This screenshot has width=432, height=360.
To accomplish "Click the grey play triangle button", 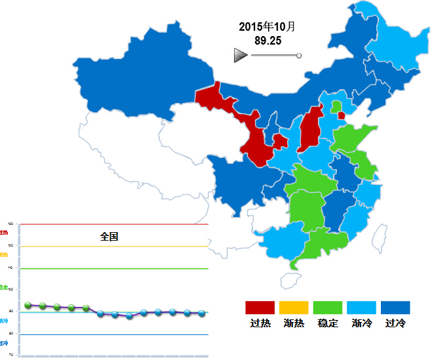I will click(x=241, y=56).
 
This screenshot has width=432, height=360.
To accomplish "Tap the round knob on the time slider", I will click(x=299, y=56).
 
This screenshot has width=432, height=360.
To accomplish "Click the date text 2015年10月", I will click(x=267, y=27).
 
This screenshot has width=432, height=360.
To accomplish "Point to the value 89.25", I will click(x=267, y=41).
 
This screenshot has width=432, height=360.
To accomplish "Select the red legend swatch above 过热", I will click(x=260, y=308).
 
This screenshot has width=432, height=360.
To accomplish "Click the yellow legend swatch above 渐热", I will click(x=294, y=308).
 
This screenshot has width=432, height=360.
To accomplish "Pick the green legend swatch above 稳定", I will click(x=328, y=308).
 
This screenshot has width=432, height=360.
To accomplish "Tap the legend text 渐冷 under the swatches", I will click(x=362, y=323).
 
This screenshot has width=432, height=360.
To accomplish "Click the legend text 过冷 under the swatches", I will click(x=396, y=323).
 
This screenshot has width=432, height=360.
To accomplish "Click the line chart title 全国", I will click(x=109, y=237).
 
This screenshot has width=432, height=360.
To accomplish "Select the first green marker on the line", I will click(x=28, y=305).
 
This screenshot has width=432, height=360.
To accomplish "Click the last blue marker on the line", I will click(x=202, y=313).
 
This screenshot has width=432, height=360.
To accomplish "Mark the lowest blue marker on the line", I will click(x=129, y=315).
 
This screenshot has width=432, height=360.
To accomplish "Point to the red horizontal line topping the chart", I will click(x=115, y=225).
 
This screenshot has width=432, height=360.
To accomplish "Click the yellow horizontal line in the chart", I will click(x=115, y=247).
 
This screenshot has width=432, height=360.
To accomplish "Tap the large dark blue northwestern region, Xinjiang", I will click(x=141, y=82).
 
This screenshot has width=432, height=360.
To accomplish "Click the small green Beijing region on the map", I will click(x=336, y=106).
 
